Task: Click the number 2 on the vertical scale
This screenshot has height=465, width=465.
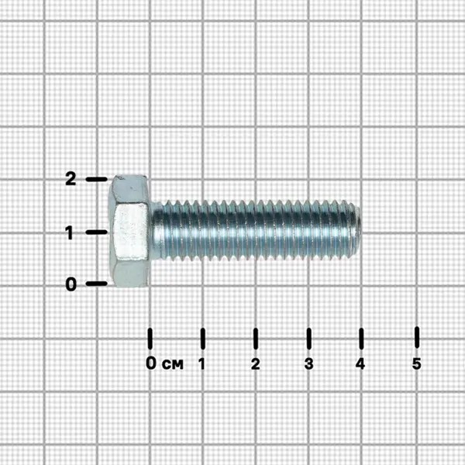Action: [x=71, y=179]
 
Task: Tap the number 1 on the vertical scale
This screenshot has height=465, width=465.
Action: [x=70, y=232]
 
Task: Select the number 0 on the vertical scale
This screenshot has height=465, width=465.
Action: [x=71, y=284]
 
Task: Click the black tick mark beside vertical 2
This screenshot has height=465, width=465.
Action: [x=96, y=179]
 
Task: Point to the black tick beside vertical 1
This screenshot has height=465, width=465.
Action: [x=96, y=232]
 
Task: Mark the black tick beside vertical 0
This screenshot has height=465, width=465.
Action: [x=96, y=284]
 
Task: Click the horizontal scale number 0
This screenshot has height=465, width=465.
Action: [x=151, y=363]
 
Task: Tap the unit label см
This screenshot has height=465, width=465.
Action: [x=173, y=364]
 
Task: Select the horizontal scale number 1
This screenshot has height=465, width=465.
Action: [x=202, y=363]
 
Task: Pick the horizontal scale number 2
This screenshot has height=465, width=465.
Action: [x=255, y=363]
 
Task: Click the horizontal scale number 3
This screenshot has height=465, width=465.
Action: [x=308, y=363]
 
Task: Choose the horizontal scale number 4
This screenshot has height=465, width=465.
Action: [x=360, y=363]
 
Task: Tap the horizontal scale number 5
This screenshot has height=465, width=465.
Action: [x=416, y=363]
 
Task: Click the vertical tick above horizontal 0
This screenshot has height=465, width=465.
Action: [x=150, y=339]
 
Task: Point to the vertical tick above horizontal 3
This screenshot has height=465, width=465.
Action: [x=308, y=339]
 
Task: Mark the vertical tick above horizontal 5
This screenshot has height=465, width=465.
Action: [x=417, y=337]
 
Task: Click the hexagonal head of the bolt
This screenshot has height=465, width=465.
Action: [x=129, y=231]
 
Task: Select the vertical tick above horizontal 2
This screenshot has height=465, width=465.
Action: [x=256, y=339]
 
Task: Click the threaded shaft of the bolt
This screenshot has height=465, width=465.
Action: [x=255, y=230]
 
